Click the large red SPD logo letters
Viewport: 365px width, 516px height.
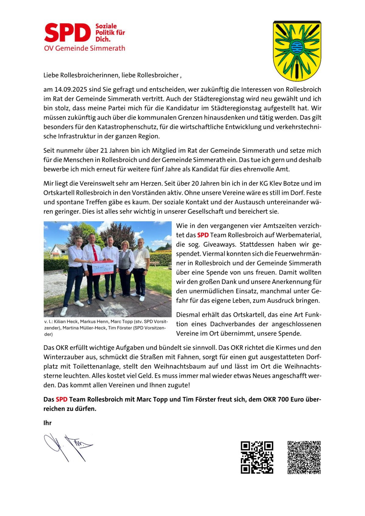[x=68, y=33]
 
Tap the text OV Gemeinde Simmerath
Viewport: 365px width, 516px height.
[x=85, y=48]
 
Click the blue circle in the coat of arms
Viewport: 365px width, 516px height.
[x=297, y=47]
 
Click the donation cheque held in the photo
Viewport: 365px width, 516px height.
[x=103, y=268]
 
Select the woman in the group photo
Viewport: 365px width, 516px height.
[x=126, y=268]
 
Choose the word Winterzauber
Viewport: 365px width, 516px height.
[x=65, y=357]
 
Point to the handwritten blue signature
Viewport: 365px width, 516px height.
[x=68, y=447]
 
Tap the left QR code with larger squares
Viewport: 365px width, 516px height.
[x=257, y=457]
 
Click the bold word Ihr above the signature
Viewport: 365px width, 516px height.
[x=47, y=423]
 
